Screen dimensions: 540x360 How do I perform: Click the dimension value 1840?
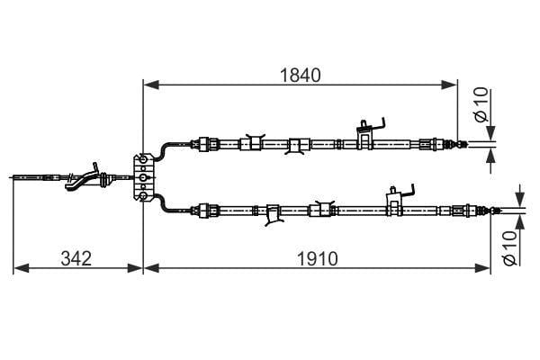pos(300,75)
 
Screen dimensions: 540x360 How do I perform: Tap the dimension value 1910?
pos(317,258)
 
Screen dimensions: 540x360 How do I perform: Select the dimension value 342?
pos(76,258)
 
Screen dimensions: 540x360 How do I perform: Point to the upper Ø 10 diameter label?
pos(481,104)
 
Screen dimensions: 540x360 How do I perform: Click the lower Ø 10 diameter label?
pos(510,248)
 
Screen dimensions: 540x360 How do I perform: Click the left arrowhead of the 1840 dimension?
pos(151,85)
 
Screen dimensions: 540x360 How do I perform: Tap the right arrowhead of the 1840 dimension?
pos(449,85)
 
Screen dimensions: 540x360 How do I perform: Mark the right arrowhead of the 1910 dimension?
pos(481,268)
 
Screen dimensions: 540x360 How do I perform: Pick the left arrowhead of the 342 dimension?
pos(21,268)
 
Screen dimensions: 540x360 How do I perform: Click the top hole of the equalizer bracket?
pos(143,158)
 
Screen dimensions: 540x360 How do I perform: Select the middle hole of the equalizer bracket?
pos(143,177)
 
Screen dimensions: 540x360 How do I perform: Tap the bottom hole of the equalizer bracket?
pos(143,196)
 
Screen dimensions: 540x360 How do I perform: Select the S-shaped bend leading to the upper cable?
pos(165,151)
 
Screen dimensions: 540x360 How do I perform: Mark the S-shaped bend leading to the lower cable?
pos(165,203)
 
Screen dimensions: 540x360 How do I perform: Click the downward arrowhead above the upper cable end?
pos(490,133)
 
